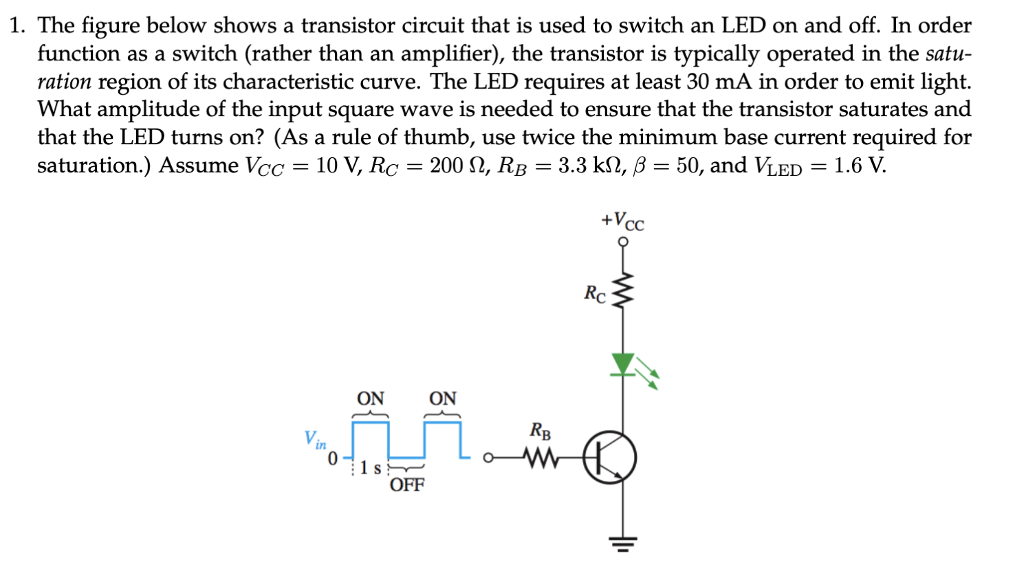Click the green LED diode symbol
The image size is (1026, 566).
coord(623,364)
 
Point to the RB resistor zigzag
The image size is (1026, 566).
coord(541,457)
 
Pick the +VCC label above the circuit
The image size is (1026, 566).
coord(622,221)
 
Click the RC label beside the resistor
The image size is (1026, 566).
coord(595,293)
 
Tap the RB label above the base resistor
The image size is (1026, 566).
coord(540,431)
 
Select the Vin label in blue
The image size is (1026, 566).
coord(315,440)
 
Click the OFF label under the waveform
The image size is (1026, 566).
coord(407,485)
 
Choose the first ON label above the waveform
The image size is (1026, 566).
coord(370,398)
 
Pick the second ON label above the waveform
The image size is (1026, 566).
coord(442,398)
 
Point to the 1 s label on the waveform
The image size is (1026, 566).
coord(371,468)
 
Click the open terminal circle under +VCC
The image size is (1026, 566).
coord(623,242)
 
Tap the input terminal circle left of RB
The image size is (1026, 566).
coord(488,457)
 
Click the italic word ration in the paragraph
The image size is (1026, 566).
coord(64,82)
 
